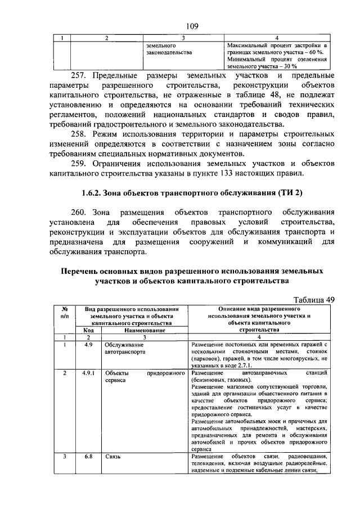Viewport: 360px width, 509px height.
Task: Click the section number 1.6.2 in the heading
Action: (x=90, y=193)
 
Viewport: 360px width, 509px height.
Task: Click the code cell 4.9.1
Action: (x=88, y=373)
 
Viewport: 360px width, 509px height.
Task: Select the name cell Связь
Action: (x=114, y=456)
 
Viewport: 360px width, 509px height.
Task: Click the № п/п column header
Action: (x=65, y=313)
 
